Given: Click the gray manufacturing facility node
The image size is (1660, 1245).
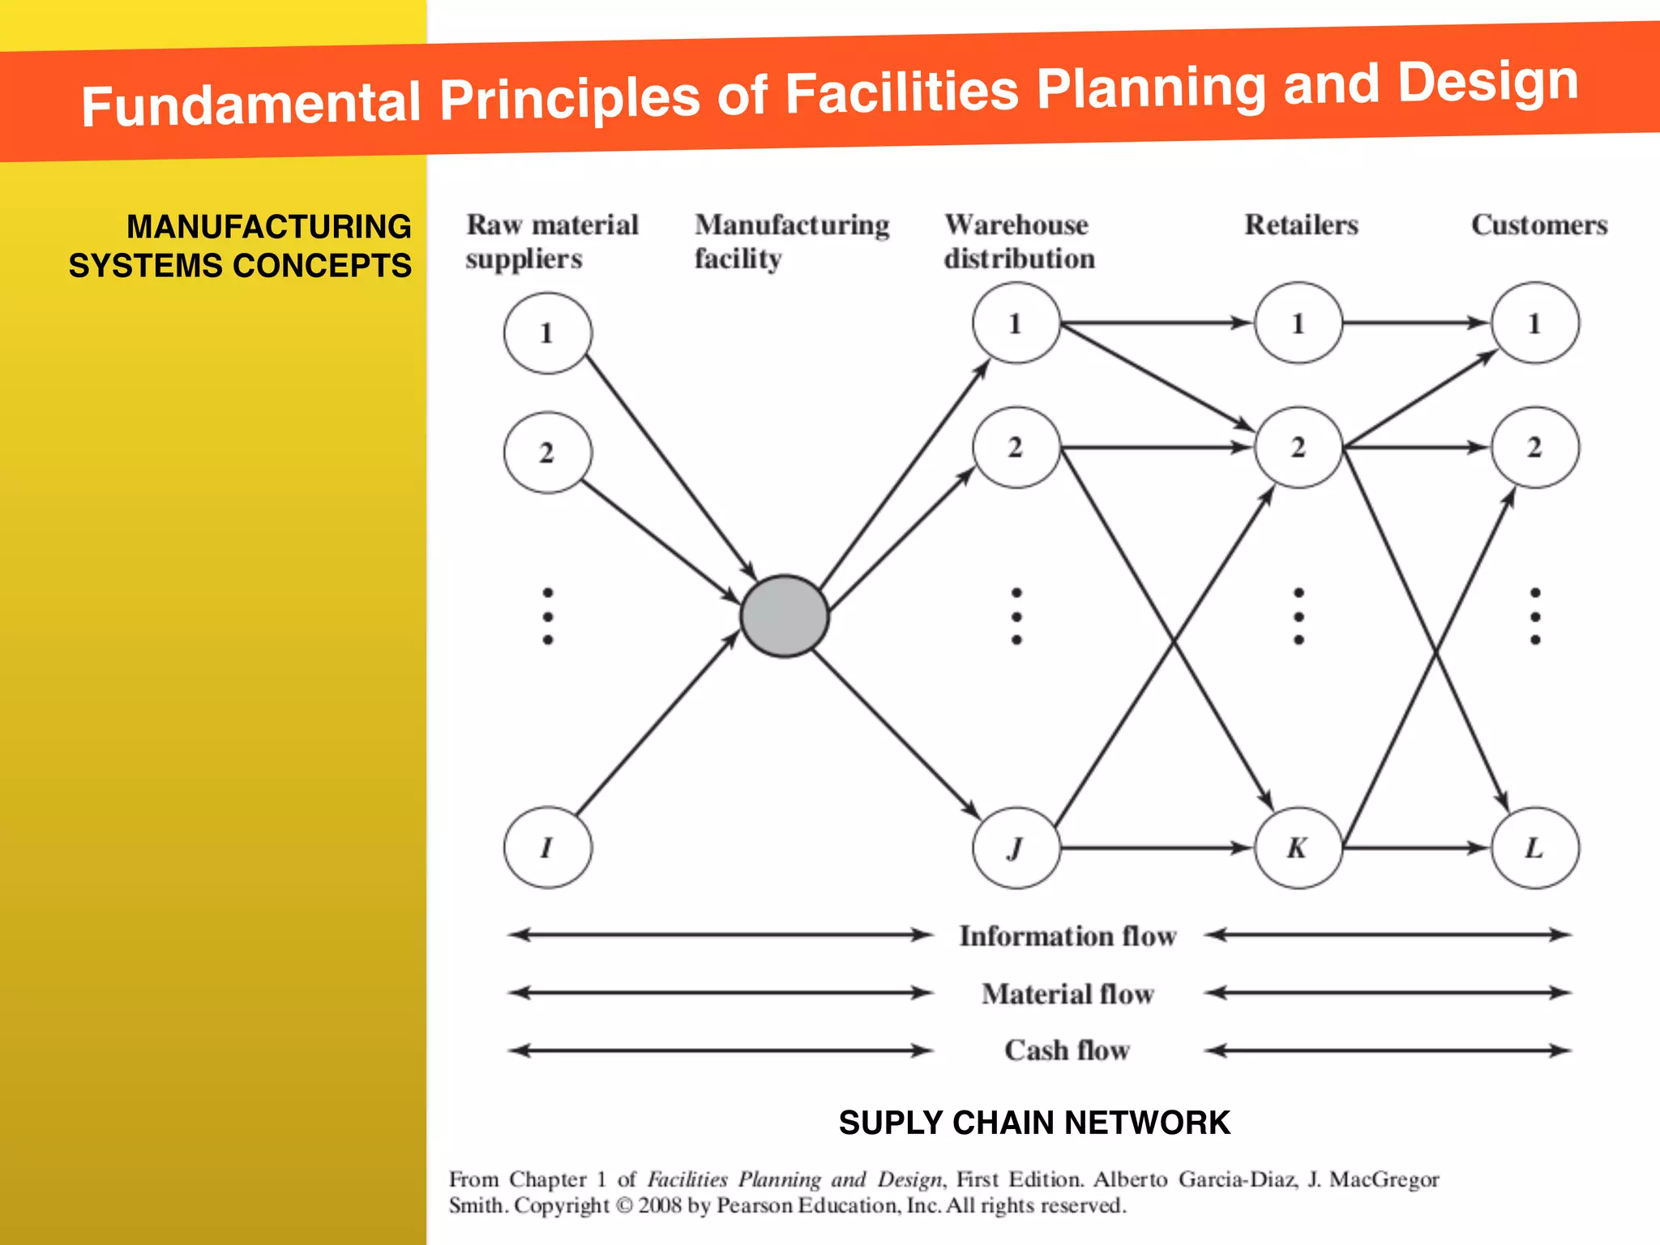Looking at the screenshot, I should click(x=784, y=616).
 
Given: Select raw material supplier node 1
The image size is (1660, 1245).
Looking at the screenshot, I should click(x=547, y=332).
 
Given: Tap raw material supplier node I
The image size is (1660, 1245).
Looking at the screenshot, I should click(x=547, y=847).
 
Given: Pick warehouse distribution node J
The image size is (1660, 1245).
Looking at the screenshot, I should click(x=1016, y=848).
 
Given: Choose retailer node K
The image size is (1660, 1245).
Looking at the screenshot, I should click(x=1298, y=848).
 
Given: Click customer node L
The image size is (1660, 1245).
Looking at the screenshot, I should click(x=1534, y=848).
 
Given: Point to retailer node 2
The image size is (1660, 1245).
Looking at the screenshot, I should click(x=1298, y=447).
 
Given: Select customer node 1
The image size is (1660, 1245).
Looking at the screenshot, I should click(x=1534, y=323).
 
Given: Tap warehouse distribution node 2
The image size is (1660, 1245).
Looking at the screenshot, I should click(x=1016, y=447).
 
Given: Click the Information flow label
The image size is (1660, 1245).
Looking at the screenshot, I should click(x=1067, y=936).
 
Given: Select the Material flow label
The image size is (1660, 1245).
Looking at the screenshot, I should click(x=1067, y=994).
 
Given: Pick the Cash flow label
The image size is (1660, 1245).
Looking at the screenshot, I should click(x=1067, y=1050).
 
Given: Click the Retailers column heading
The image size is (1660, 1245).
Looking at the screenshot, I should click(x=1301, y=225).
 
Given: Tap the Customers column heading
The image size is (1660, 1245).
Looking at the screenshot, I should click(x=1539, y=225).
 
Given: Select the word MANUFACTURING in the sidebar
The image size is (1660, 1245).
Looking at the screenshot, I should click(x=268, y=227).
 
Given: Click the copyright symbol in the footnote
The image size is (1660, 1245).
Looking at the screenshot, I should click(x=623, y=1206).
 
